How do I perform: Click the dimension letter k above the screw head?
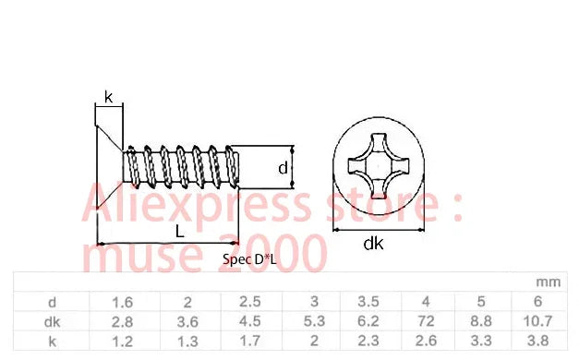pos(108,98)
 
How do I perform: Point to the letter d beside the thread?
pos(283,168)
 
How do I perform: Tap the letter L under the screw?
pos(179,232)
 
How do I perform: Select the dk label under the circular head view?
pos(373,244)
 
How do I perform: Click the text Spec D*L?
pos(249,259)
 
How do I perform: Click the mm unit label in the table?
pos(548,282)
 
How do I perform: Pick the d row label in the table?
pos(52,303)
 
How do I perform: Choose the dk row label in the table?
pos(52,322)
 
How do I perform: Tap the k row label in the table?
pos(53,342)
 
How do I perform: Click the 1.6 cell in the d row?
pos(122,303)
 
